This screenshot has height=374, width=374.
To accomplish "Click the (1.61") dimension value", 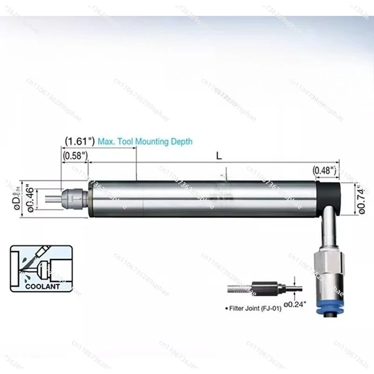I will point(79,141).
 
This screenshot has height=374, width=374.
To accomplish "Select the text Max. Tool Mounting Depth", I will point(144,141).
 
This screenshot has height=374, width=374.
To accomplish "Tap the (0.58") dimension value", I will point(74,155).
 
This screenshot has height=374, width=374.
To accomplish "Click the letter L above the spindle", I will point(219,156).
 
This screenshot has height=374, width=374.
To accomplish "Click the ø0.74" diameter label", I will point(361,198).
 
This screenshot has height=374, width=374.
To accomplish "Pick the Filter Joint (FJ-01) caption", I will point(255,309).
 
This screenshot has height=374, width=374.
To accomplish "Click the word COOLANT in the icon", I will point(43,286).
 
